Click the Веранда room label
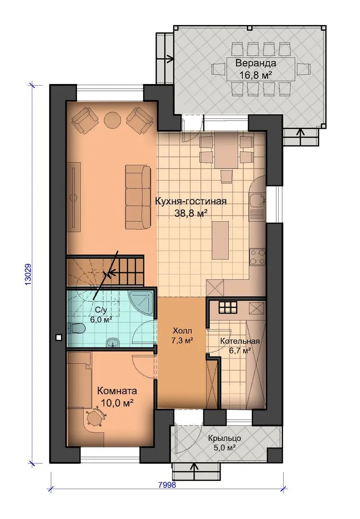point(255,63)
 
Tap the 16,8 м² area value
point(255,75)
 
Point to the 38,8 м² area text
point(191,213)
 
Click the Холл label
point(182,331)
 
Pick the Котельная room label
point(240,341)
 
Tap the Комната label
point(117,391)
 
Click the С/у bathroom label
point(101,310)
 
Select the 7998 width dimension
point(167,485)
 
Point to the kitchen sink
point(257,200)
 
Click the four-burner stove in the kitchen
point(257,257)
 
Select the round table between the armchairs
point(112,120)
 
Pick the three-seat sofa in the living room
point(137,198)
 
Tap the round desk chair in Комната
point(95,418)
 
